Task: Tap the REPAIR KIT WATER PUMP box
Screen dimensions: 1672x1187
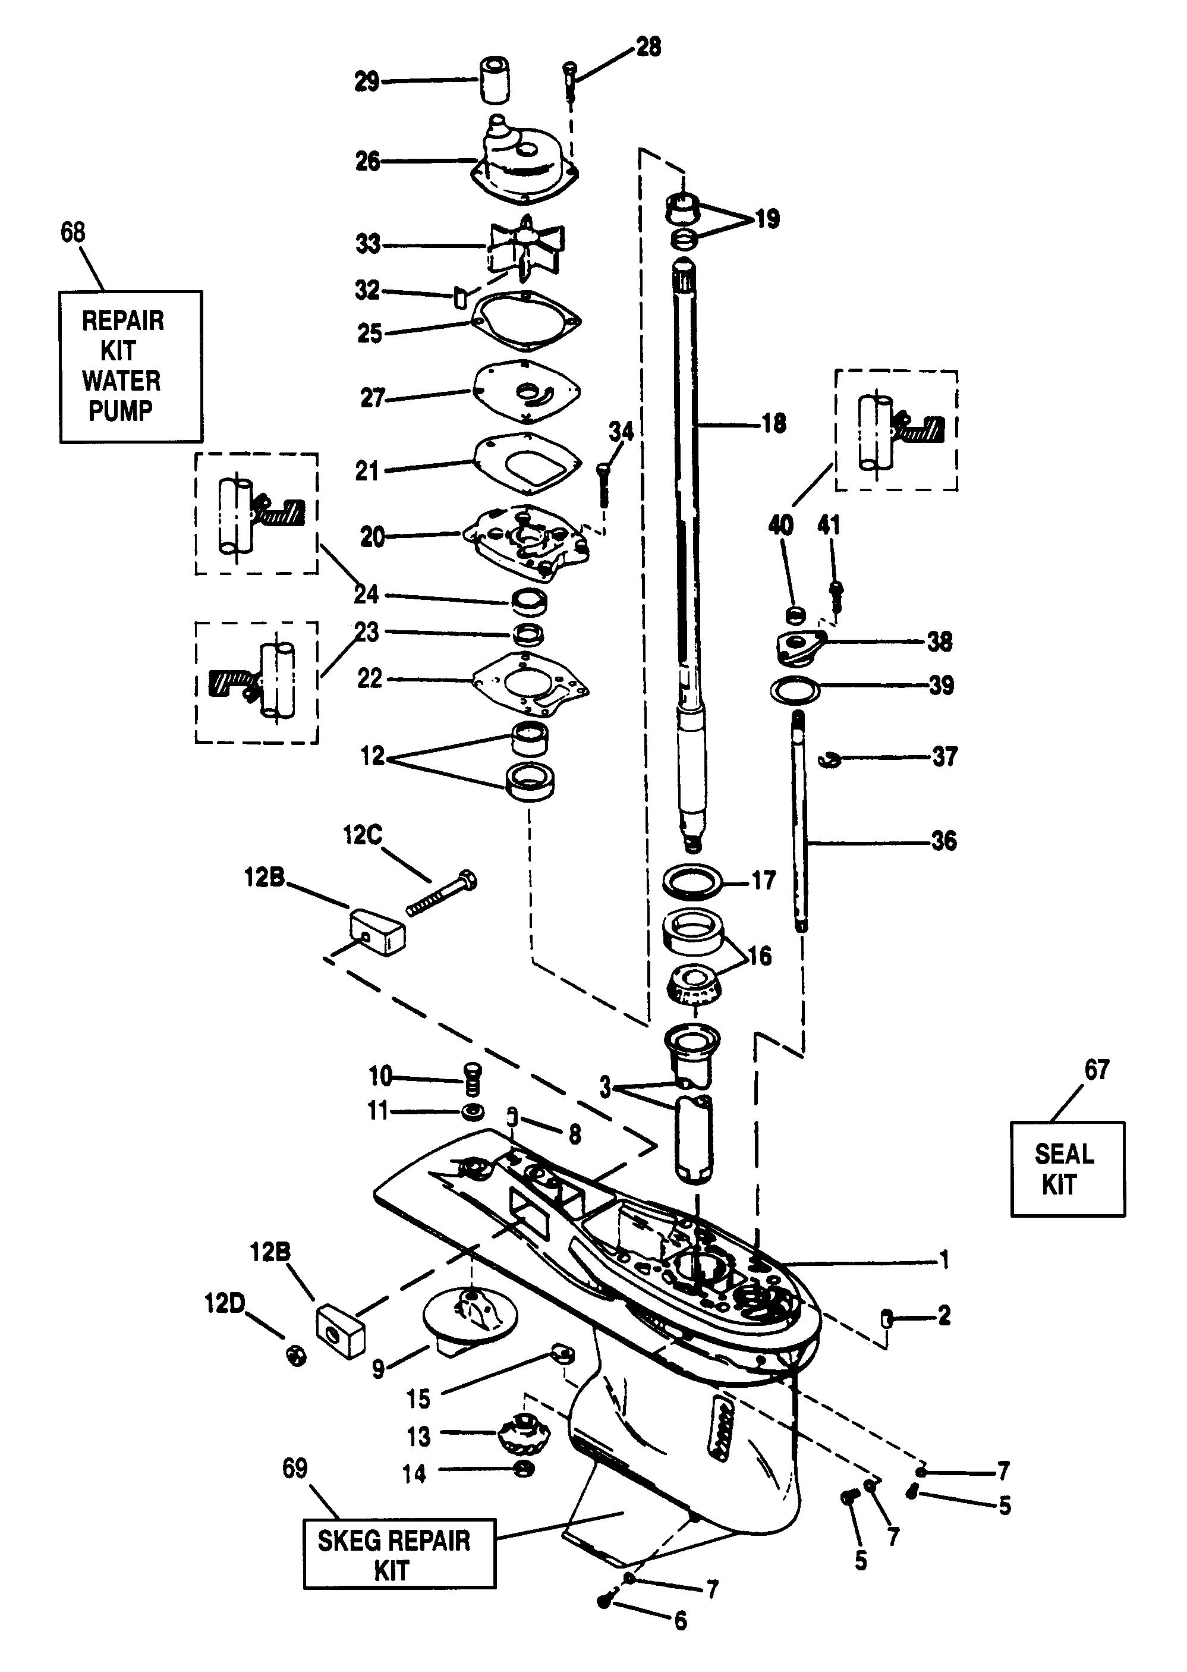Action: [x=131, y=366]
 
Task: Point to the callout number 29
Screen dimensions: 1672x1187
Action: [x=367, y=82]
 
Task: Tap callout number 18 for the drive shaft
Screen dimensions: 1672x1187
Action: [x=773, y=423]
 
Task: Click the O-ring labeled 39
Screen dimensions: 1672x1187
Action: [x=795, y=688]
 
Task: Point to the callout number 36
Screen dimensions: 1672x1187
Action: [x=944, y=841]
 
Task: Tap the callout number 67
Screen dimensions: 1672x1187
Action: [x=1097, y=1070]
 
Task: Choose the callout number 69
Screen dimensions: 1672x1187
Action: [x=295, y=1468]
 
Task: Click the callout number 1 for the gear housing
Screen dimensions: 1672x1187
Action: [x=944, y=1259]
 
